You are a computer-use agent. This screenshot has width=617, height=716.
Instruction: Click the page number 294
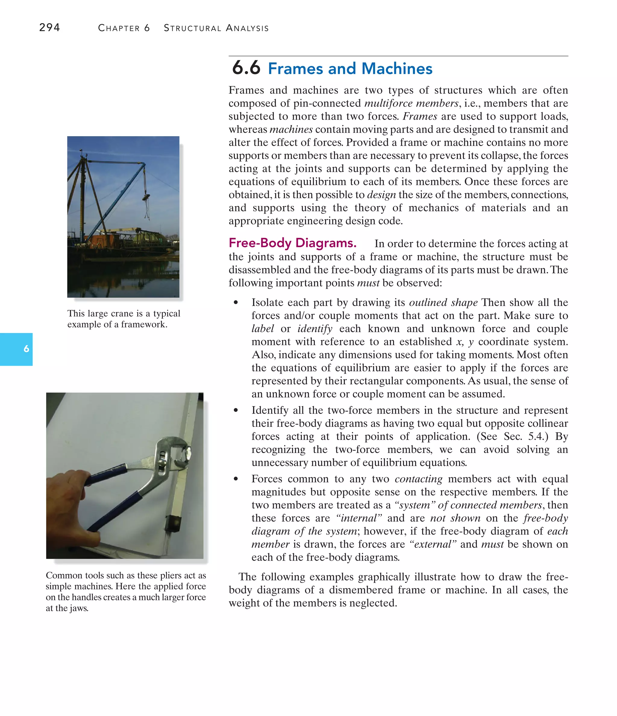(x=49, y=27)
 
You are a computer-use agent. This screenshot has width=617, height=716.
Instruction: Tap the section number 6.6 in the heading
(x=246, y=68)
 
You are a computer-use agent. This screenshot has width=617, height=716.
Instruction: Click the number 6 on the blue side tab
(x=26, y=349)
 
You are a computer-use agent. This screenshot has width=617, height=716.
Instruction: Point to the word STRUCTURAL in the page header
(x=192, y=28)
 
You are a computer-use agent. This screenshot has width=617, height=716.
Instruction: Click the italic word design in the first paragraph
(x=381, y=195)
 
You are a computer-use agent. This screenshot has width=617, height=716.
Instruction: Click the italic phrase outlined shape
(x=443, y=303)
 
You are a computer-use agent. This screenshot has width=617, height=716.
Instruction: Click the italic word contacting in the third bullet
(x=418, y=479)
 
